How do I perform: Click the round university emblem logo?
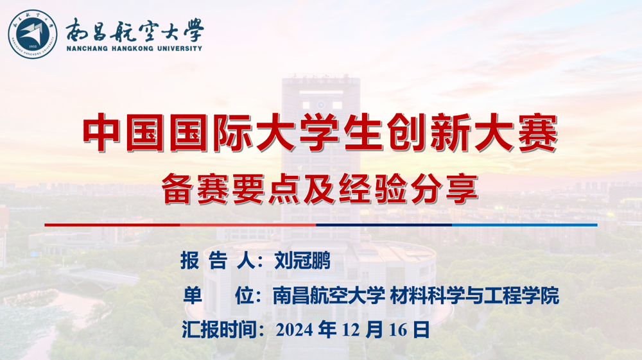(33, 34)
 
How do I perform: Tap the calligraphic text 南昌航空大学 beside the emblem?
(134, 30)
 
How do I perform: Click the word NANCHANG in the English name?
(87, 48)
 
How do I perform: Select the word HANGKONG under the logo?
(133, 48)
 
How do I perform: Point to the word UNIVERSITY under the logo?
(180, 48)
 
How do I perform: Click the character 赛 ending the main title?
(537, 133)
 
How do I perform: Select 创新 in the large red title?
(428, 133)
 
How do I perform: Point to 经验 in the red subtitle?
(373, 189)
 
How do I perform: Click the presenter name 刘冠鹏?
(302, 260)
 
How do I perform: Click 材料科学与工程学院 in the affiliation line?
(474, 295)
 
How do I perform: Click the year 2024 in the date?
(295, 330)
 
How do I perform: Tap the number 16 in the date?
(398, 330)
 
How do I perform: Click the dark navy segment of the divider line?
(384, 225)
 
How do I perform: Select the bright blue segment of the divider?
(525, 225)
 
